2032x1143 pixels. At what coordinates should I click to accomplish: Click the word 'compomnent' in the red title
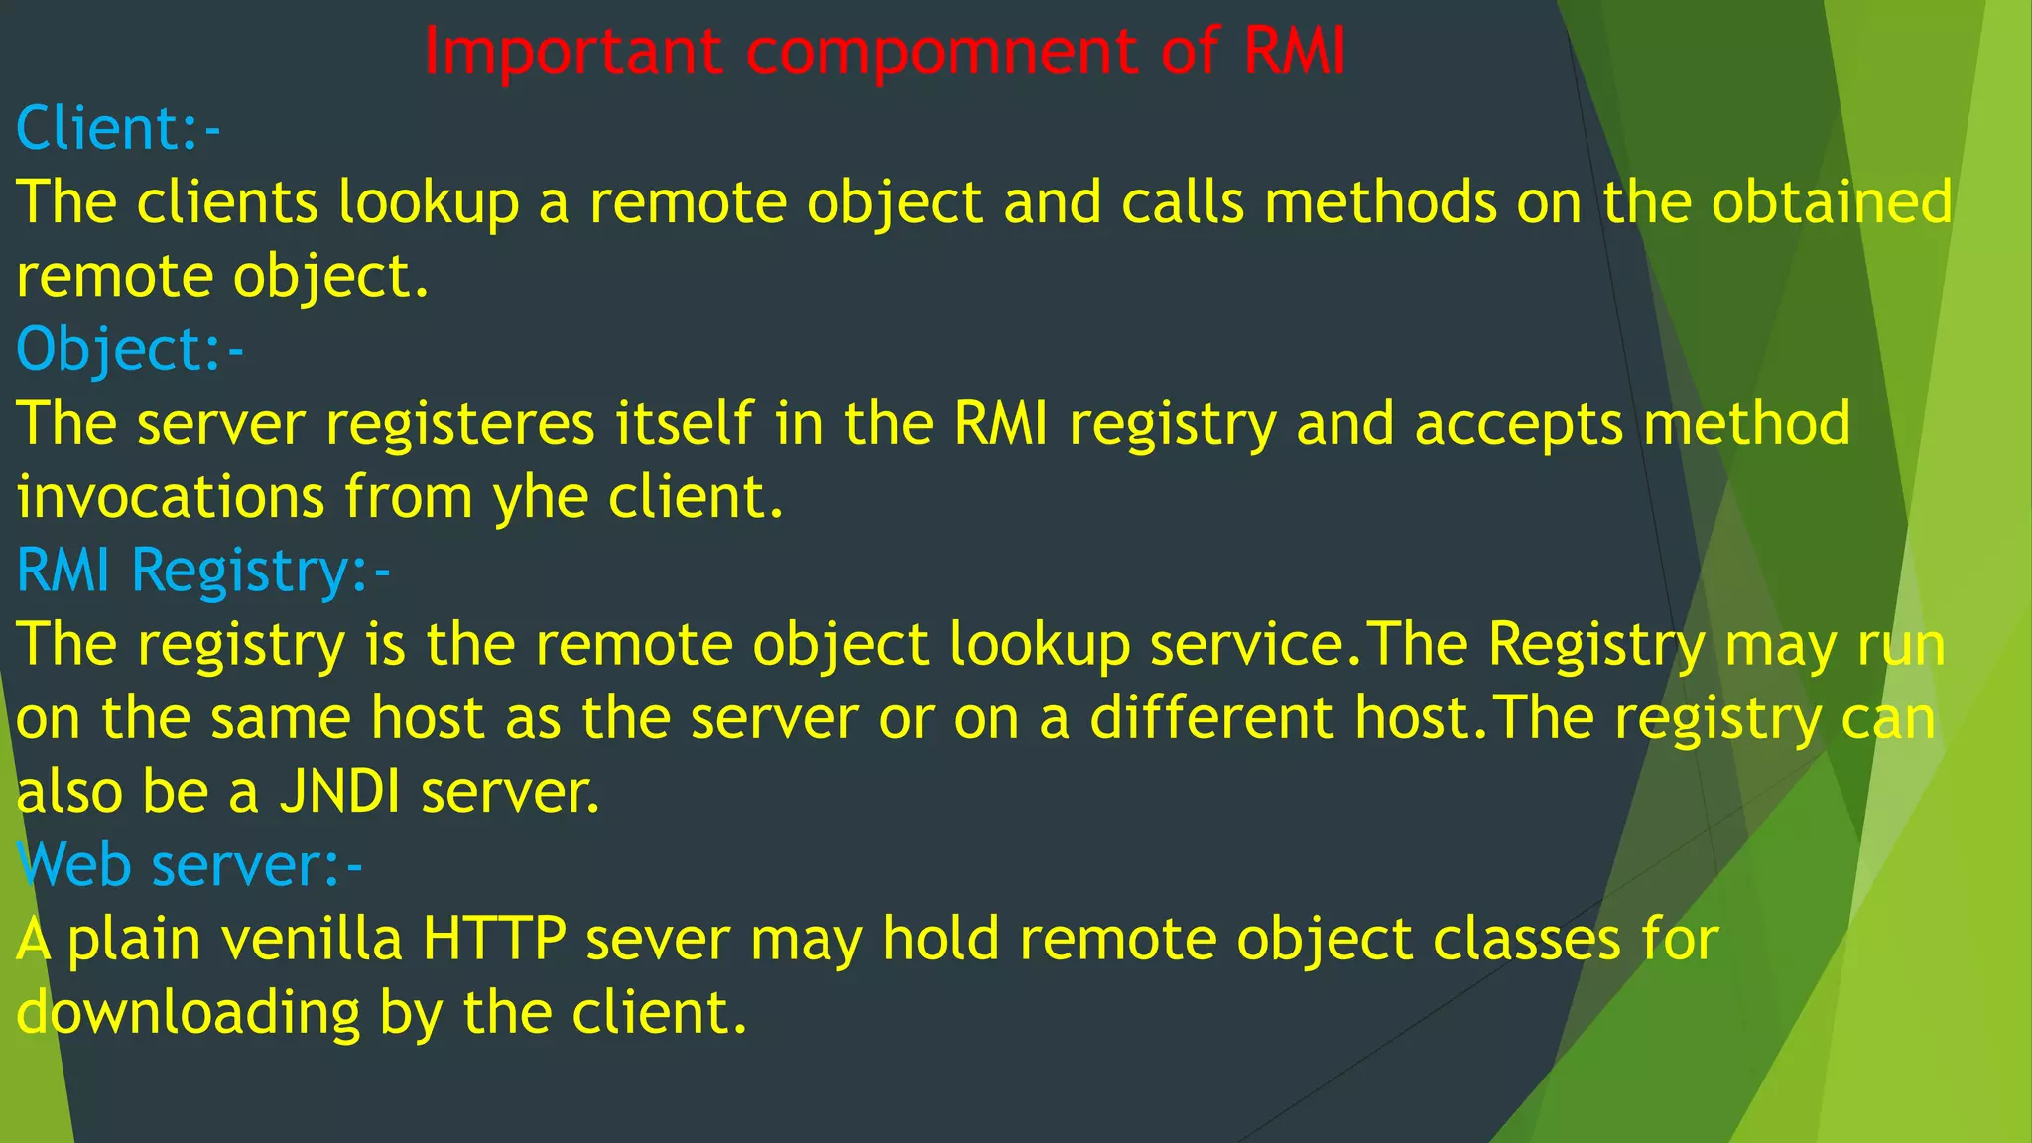pos(942,53)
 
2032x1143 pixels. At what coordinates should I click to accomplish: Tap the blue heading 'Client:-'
pos(118,129)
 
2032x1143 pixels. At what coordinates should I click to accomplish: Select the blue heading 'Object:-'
pos(130,350)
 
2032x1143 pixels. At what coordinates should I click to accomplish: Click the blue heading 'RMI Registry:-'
pos(203,571)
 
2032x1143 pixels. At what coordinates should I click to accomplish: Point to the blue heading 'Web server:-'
pos(190,865)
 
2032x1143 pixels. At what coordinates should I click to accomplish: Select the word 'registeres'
pos(460,424)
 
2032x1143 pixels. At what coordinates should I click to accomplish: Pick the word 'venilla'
pos(312,939)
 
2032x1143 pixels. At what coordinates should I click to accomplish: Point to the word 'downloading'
pos(189,1013)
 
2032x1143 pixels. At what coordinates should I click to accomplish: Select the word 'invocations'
pos(171,497)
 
